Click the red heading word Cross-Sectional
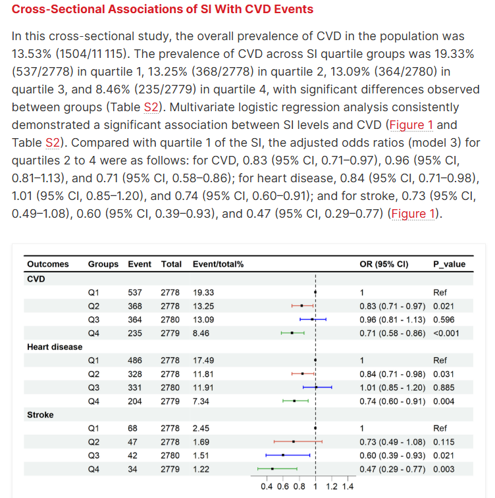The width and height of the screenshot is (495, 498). [59, 9]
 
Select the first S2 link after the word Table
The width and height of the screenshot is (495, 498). [151, 107]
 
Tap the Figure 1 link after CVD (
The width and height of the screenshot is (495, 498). [411, 125]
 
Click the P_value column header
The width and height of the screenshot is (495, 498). [449, 264]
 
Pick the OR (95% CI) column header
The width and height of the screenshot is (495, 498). [384, 264]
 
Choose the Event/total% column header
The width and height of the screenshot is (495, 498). [218, 264]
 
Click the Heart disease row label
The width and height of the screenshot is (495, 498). [55, 347]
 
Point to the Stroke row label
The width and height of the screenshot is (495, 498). [40, 415]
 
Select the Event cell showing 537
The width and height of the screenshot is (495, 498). [135, 293]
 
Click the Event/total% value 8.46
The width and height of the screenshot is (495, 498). [201, 333]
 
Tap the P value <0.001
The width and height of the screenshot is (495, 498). [446, 333]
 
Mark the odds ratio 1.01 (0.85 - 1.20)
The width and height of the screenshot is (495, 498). [392, 387]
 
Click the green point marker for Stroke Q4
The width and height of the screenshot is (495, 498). [273, 469]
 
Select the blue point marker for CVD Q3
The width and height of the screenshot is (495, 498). [312, 320]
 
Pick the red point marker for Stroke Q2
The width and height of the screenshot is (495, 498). [294, 442]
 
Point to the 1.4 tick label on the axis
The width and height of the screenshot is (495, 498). [348, 487]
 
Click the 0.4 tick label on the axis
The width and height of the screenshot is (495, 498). [267, 487]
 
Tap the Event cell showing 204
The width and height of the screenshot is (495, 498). [135, 401]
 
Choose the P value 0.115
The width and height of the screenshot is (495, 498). [444, 442]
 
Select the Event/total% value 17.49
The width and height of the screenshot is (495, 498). [203, 361]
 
